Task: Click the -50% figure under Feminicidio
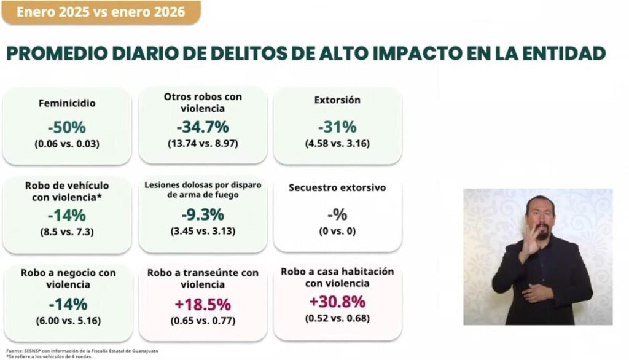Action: click(66, 128)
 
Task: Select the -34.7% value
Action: click(203, 127)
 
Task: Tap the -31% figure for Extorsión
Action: click(337, 127)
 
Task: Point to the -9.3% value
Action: click(203, 215)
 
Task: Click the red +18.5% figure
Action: click(203, 304)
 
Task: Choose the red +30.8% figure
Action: click(337, 302)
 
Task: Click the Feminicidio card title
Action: click(66, 104)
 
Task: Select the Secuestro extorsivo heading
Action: click(337, 188)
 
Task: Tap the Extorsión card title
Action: click(337, 100)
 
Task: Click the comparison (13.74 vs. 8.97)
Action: click(203, 143)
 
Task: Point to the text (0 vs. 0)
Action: click(337, 232)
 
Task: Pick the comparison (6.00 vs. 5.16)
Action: click(66, 320)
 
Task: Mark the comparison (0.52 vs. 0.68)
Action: click(337, 318)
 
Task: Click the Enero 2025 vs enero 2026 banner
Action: click(101, 12)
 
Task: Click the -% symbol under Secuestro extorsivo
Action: click(337, 215)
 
